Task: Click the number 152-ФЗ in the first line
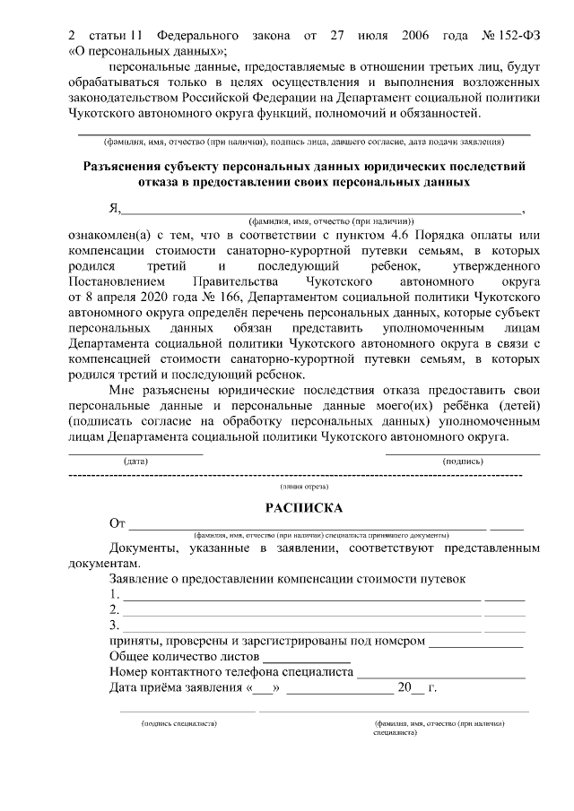[x=515, y=36]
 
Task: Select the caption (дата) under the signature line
[x=136, y=460]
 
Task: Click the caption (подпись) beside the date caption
[x=463, y=460]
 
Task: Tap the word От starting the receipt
[x=117, y=523]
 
